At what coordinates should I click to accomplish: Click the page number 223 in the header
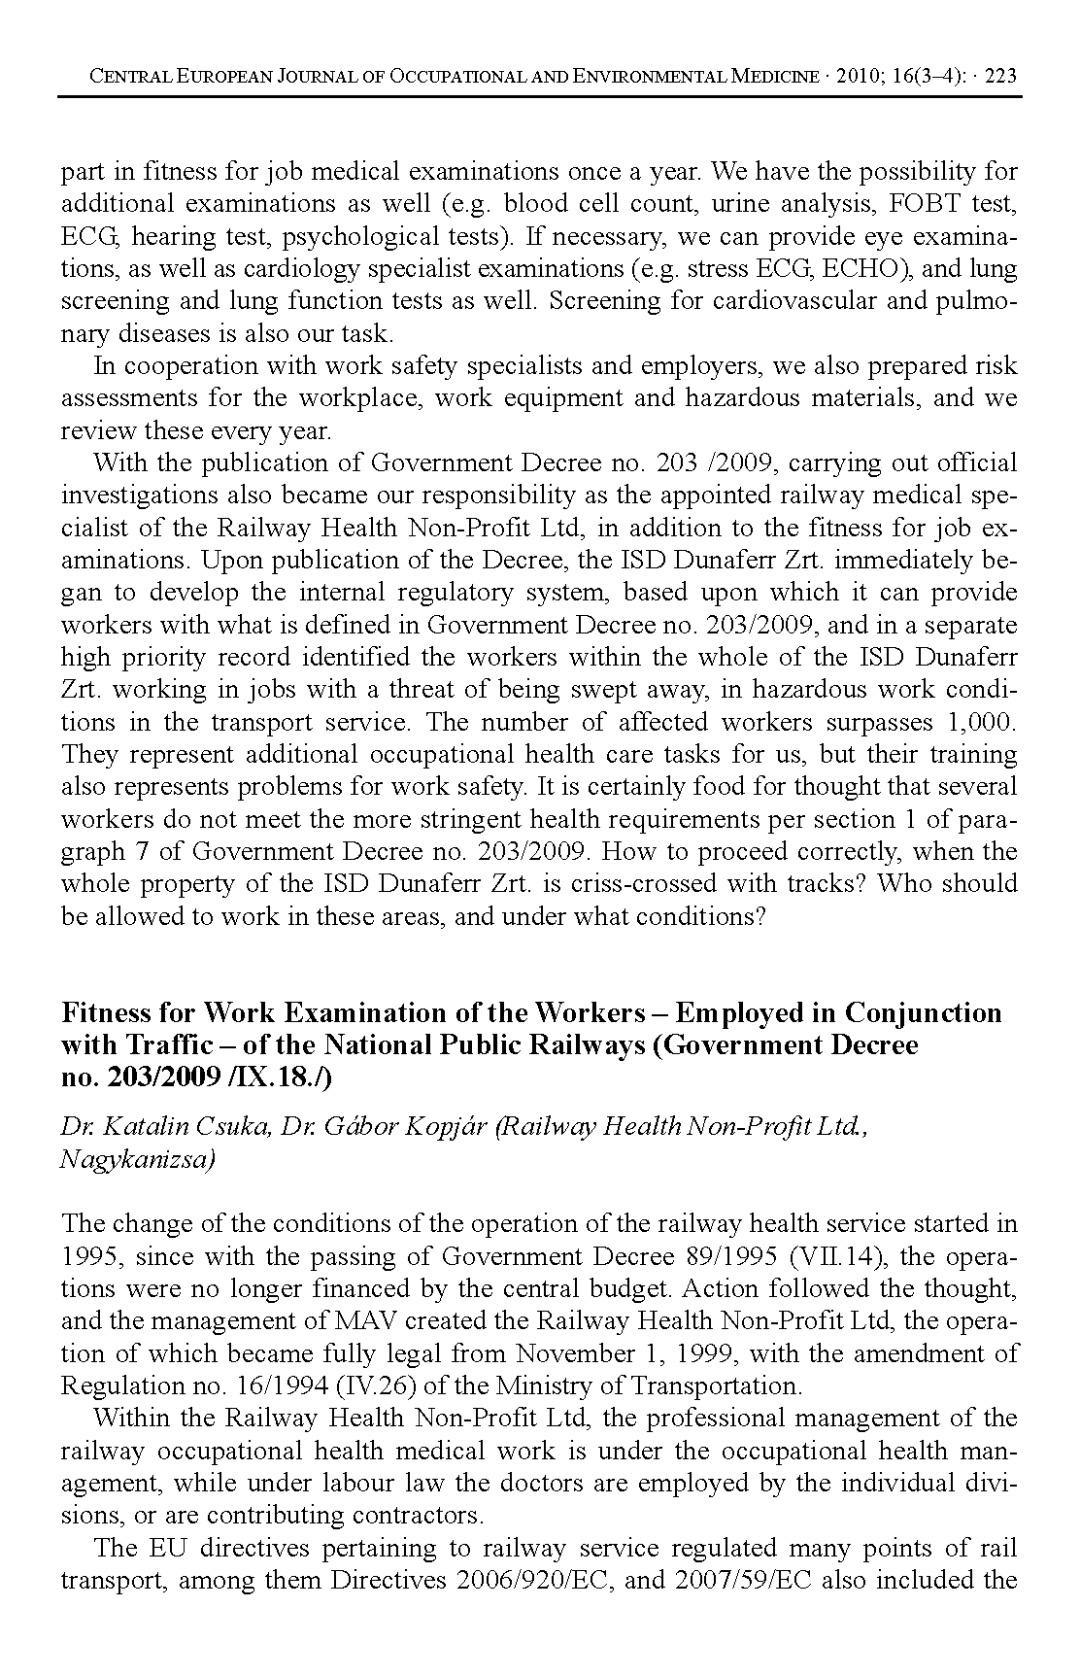(x=1000, y=75)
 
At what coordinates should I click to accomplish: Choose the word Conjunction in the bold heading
(x=923, y=1013)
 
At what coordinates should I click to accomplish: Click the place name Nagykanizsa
(x=137, y=1159)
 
